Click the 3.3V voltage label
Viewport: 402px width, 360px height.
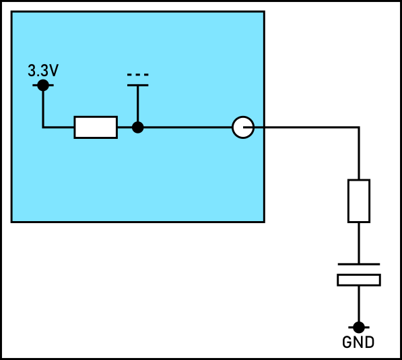[43, 71]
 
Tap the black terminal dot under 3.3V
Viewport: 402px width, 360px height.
[43, 85]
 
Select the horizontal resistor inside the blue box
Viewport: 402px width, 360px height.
[96, 127]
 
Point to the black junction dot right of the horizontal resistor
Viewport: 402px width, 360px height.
[137, 127]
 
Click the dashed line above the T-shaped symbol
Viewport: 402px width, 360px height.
[137, 75]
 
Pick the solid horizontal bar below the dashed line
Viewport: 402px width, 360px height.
[137, 85]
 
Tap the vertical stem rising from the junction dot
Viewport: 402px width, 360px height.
[137, 104]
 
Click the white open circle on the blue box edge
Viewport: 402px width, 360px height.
[243, 127]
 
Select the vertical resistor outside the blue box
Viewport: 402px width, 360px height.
[359, 201]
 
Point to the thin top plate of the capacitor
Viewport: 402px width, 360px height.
[359, 264]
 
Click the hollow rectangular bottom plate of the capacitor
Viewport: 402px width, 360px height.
[359, 280]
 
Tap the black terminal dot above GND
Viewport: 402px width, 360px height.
[359, 328]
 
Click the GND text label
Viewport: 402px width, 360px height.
[358, 342]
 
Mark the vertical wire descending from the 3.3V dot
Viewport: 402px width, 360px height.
[43, 109]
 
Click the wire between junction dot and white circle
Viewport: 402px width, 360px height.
[188, 127]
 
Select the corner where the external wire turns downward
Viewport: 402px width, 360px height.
[359, 127]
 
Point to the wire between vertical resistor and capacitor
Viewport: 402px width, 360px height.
[359, 243]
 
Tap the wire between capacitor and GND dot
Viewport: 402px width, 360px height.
[359, 304]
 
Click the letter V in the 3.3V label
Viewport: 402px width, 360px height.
[54, 71]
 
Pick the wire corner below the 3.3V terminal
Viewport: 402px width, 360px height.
[43, 127]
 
